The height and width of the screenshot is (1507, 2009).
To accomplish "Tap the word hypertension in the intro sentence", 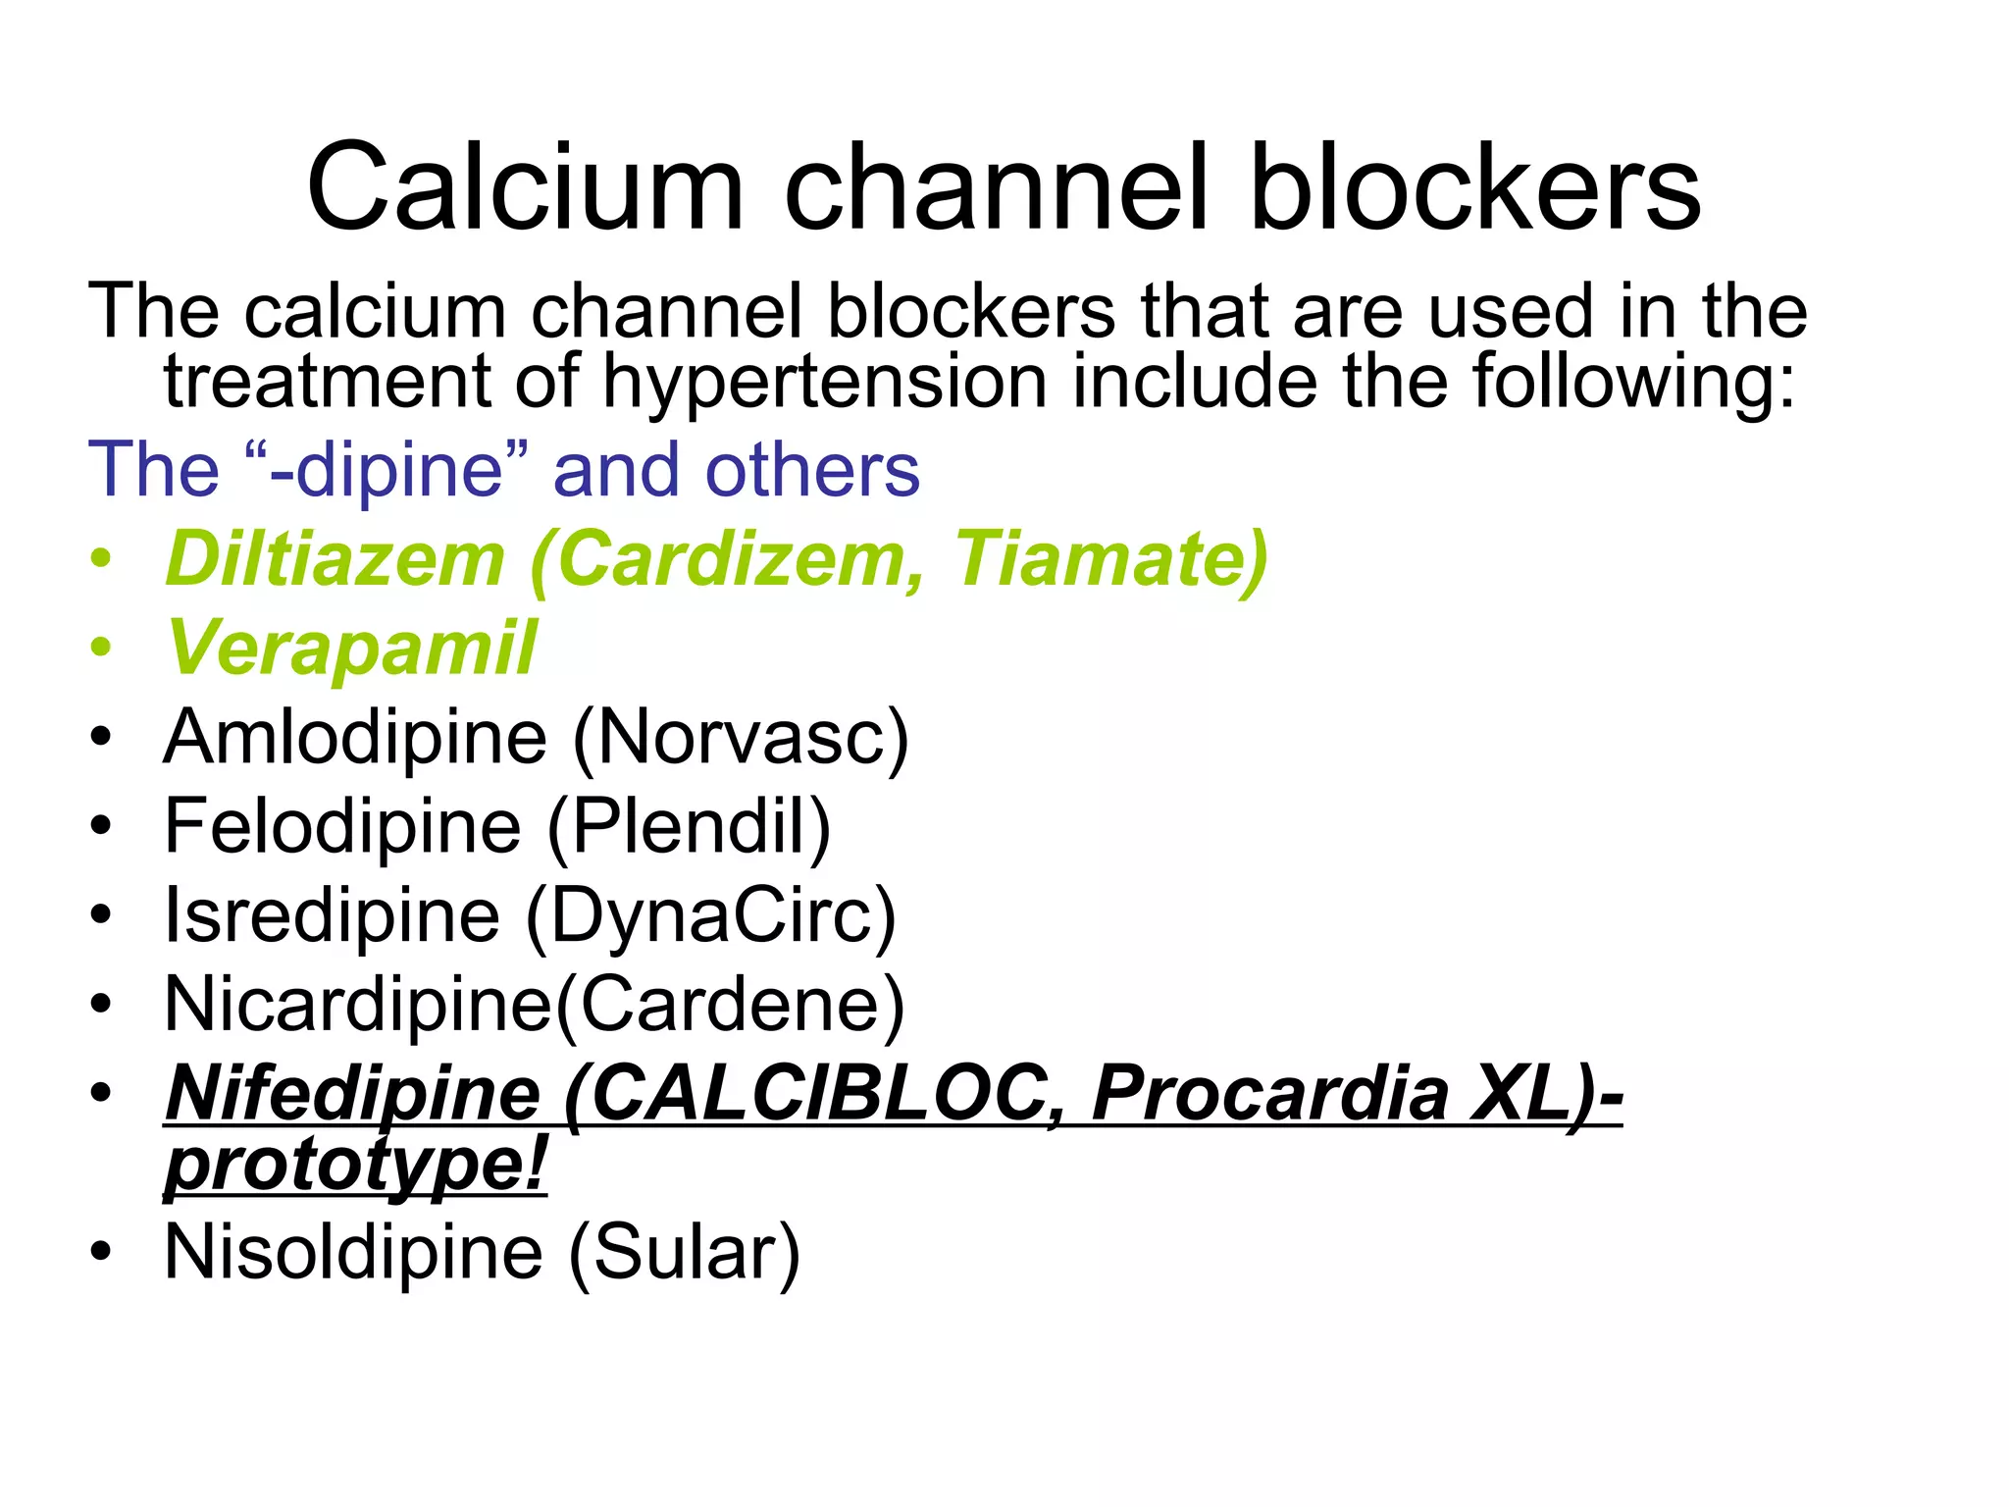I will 824,383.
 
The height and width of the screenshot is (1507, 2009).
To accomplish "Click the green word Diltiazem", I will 335,559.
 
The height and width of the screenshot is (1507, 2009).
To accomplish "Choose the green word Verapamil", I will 351,649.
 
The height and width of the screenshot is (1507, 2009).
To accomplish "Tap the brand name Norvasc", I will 741,737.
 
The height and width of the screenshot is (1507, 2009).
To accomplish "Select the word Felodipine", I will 342,826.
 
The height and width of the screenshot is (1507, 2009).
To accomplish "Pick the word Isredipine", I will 332,915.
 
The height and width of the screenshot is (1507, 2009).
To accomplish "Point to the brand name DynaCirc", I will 711,915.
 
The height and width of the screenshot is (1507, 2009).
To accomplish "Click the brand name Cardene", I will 730,1005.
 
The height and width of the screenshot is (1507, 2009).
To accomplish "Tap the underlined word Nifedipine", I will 353,1094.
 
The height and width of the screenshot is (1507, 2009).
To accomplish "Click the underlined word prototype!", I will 355,1166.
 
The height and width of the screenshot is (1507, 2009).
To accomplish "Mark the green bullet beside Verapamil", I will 101,649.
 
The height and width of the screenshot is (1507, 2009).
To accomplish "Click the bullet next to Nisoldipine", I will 101,1253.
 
